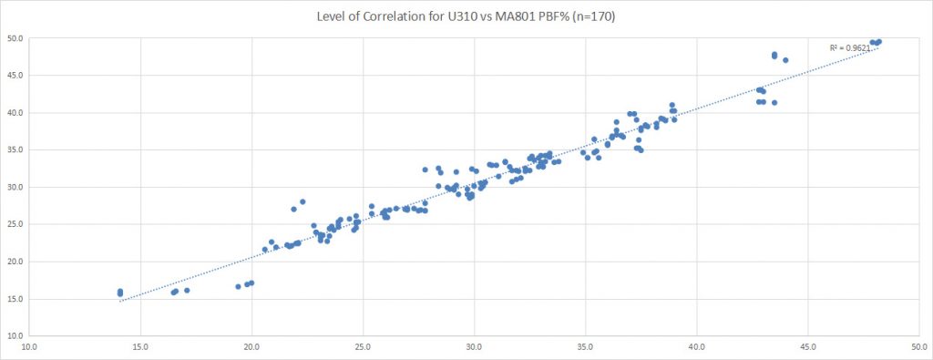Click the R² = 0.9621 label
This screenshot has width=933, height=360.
tap(849, 47)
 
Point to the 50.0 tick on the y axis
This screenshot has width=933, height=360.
tap(15, 39)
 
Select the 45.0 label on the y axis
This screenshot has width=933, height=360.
tap(15, 76)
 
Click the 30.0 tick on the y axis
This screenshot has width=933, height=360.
tap(15, 187)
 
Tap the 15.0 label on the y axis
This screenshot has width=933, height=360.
tap(15, 299)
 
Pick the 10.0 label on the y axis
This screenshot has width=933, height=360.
tap(15, 336)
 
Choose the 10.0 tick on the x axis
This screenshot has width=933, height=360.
tap(30, 346)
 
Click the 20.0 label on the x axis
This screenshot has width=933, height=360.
tap(252, 346)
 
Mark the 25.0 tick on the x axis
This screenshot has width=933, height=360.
tap(364, 346)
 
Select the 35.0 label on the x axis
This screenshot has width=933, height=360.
tap(586, 346)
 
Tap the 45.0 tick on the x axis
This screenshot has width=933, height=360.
tap(808, 346)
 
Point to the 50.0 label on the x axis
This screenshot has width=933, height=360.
tap(918, 346)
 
